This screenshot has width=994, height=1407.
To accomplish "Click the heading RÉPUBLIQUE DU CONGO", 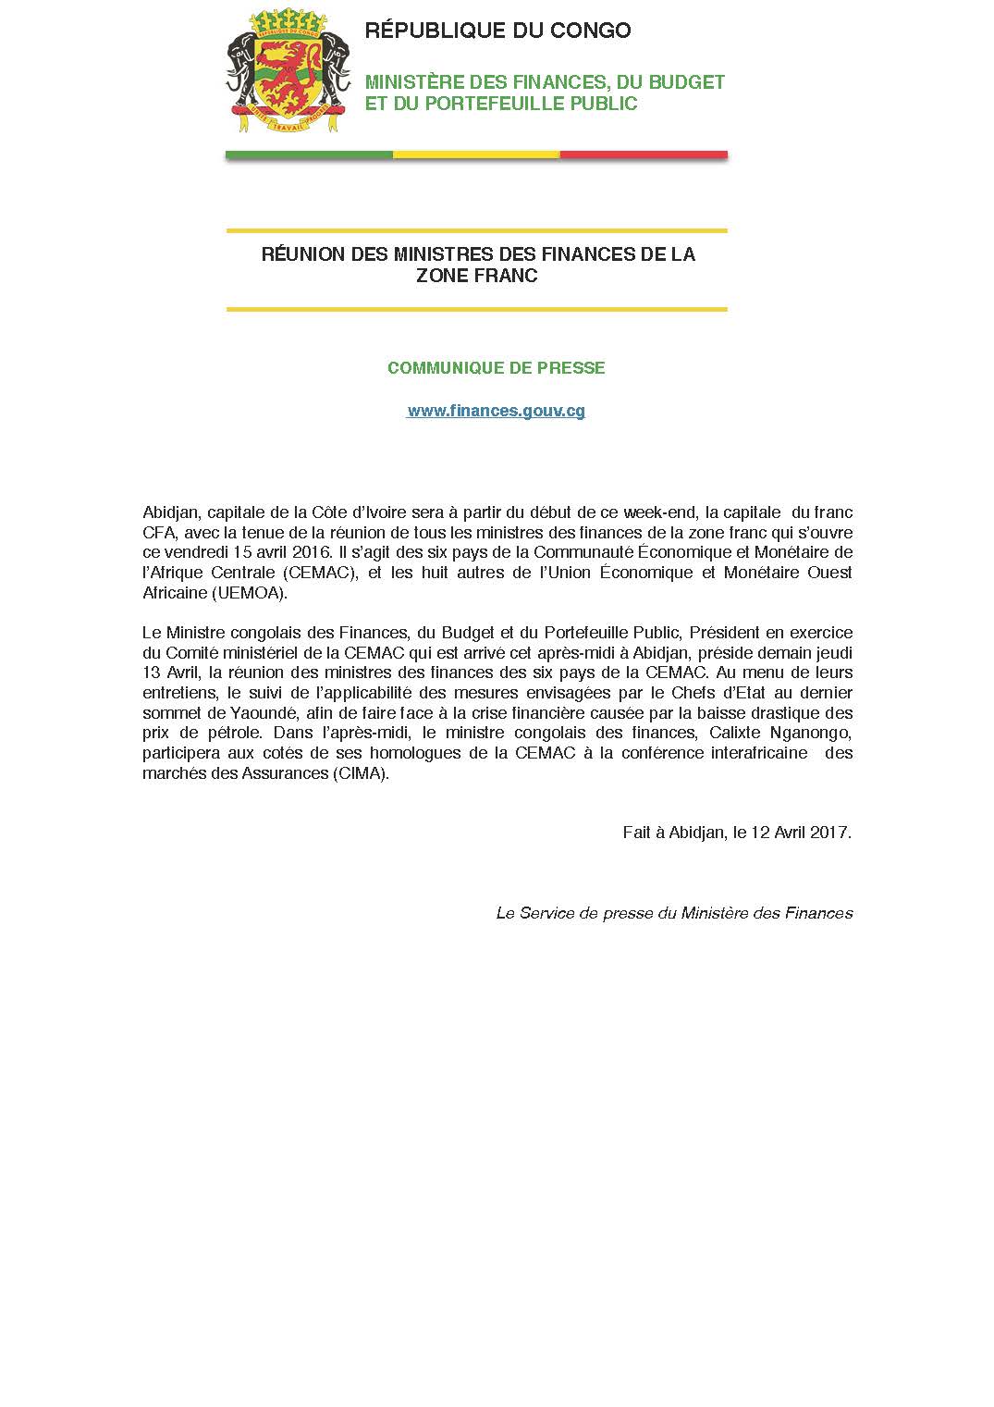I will click(497, 31).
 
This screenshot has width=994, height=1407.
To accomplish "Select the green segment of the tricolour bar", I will click(309, 154).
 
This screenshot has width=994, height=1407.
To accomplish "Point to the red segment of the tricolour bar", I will click(644, 154).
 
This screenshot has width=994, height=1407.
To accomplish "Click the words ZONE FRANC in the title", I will click(476, 276).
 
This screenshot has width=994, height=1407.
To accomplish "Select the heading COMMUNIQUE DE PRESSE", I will click(496, 368).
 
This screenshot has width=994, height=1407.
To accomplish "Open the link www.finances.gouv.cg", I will click(496, 411).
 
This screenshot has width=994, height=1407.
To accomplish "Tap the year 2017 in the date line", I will click(829, 832).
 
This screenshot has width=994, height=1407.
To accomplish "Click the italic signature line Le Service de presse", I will click(673, 913).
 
